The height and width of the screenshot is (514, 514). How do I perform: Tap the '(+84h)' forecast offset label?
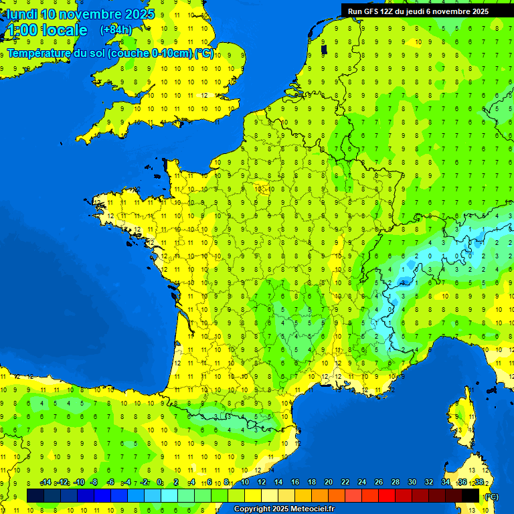pos(116,29)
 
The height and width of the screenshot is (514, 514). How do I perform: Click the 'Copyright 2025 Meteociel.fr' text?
pos(284,509)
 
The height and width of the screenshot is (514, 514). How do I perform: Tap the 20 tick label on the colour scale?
pos(329,483)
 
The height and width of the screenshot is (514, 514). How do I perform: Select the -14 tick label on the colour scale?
pos(46,483)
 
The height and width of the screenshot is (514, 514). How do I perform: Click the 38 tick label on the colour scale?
pos(479,483)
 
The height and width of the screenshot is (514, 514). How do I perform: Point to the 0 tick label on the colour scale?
pos(159,483)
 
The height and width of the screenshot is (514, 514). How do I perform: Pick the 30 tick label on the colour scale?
pos(412,483)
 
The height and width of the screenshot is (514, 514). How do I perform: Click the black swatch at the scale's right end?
pos(470,495)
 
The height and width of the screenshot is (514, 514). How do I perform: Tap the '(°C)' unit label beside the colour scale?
pos(491,497)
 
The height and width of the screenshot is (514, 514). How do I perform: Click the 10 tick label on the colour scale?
pos(245,483)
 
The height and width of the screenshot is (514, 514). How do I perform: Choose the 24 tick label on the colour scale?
pos(362,483)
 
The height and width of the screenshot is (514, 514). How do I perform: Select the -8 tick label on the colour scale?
pos(95,483)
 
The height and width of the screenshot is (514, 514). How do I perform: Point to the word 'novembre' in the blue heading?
pos(89,14)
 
